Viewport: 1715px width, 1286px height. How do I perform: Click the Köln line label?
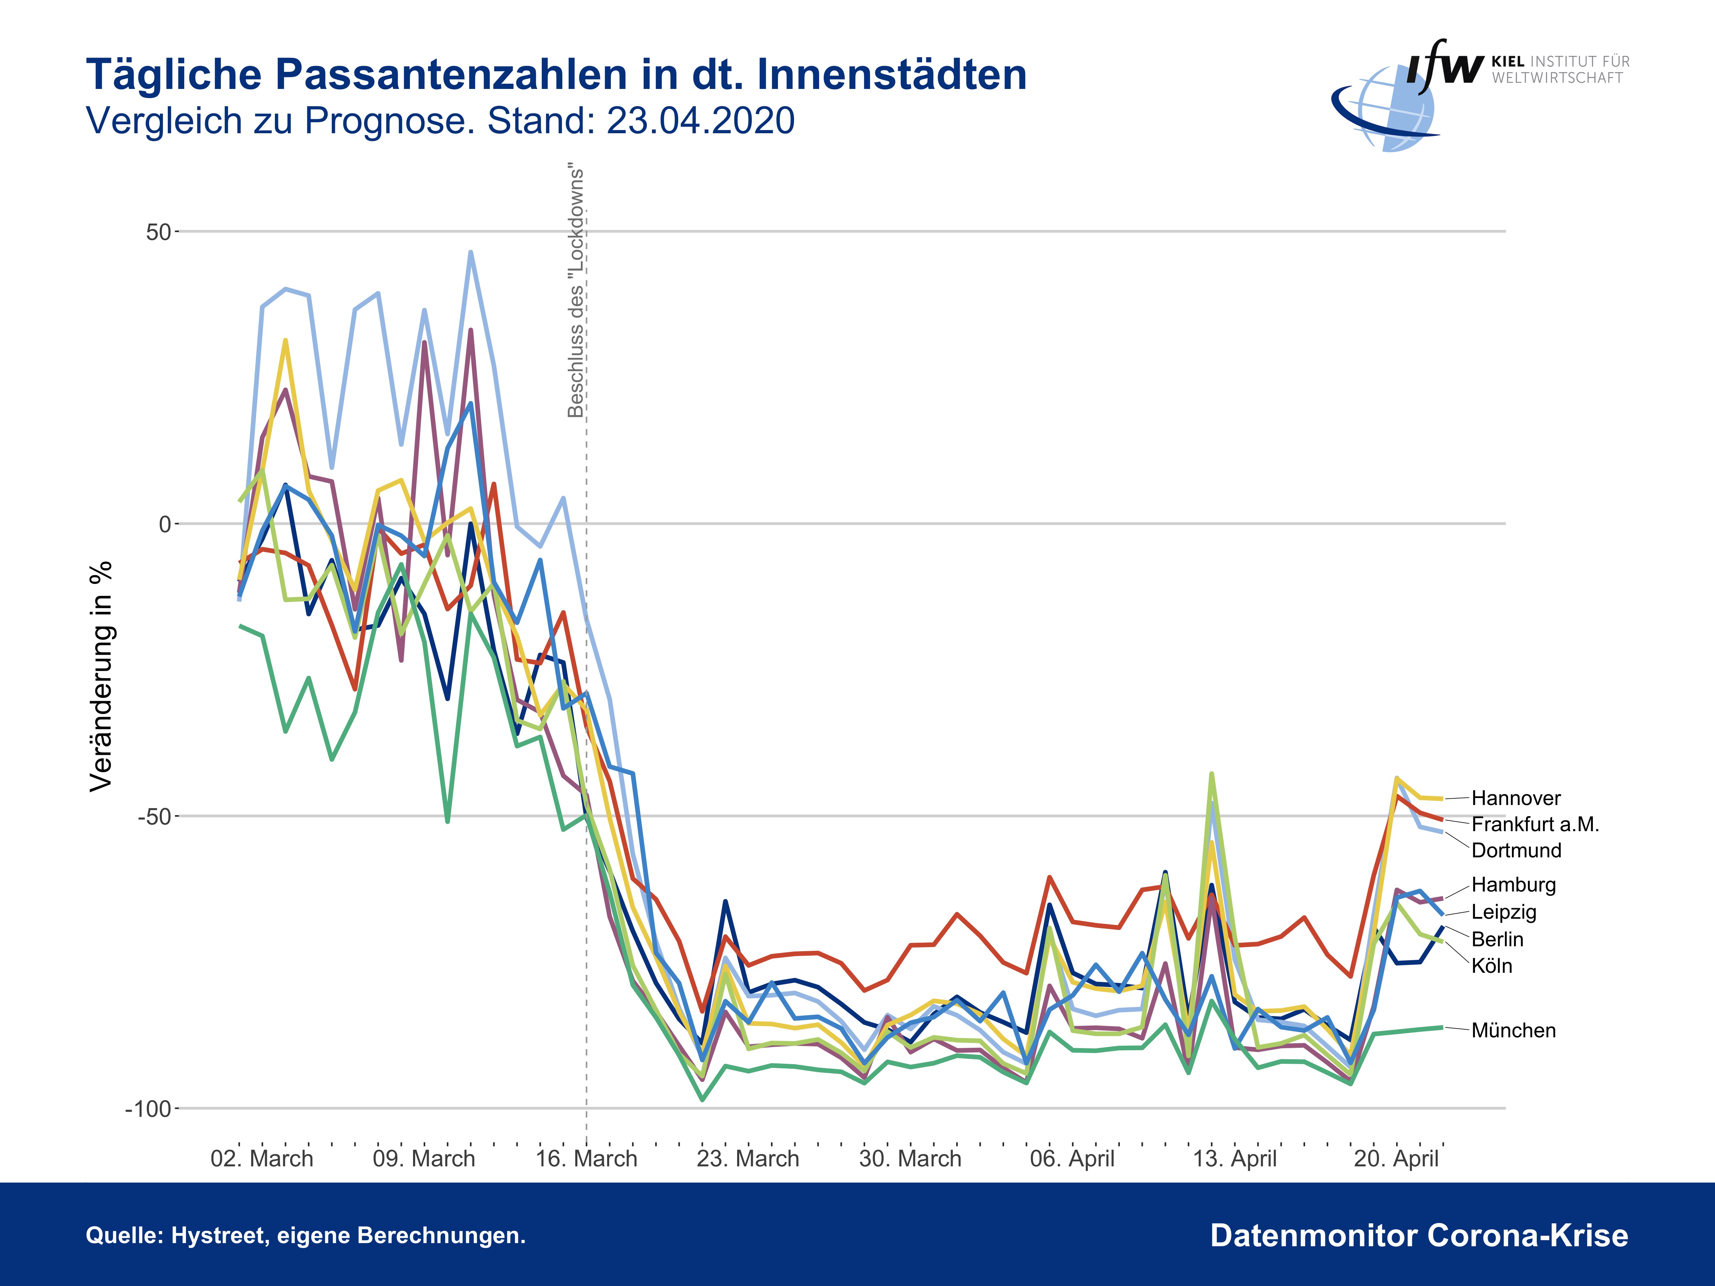(x=1492, y=966)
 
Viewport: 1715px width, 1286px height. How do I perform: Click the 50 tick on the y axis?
(x=158, y=232)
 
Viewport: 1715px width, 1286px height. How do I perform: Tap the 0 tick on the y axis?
(x=164, y=525)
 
